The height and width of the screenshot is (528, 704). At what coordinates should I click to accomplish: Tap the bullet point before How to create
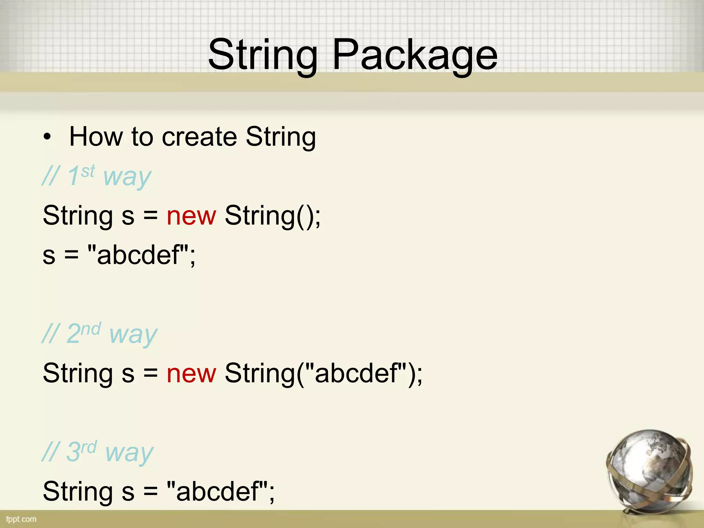click(47, 137)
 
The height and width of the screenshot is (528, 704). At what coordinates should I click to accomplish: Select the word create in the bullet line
click(199, 137)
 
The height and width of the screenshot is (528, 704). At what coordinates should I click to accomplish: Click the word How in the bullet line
click(96, 137)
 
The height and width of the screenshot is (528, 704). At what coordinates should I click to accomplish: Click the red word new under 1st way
click(191, 216)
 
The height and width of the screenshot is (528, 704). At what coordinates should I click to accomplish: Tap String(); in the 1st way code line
click(273, 216)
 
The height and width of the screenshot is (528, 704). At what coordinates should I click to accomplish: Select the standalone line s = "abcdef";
click(119, 255)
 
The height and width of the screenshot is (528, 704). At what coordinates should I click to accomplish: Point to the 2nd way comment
click(100, 333)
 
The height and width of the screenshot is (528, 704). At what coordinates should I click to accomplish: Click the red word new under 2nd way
click(191, 373)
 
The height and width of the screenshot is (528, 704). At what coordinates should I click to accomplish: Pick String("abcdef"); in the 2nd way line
click(323, 373)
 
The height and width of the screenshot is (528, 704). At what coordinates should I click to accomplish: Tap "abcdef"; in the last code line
click(220, 492)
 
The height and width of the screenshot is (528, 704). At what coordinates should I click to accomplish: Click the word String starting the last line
click(78, 492)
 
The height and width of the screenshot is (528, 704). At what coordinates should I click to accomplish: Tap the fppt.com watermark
click(21, 519)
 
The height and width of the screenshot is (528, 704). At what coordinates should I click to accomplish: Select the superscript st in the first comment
click(88, 171)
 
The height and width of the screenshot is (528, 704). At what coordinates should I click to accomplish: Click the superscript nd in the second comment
click(91, 329)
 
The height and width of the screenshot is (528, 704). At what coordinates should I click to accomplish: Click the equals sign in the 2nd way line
click(151, 374)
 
